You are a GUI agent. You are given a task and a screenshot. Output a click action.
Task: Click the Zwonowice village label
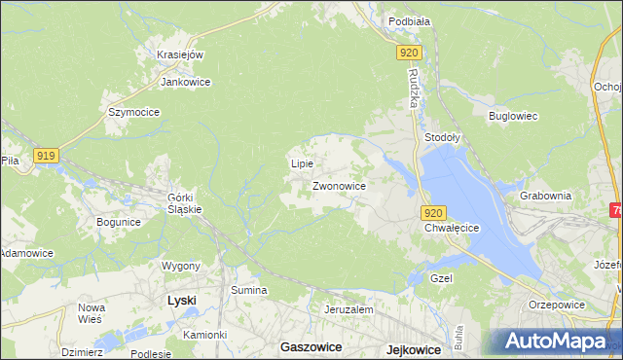tap(339, 185)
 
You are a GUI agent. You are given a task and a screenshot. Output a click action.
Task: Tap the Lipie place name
tap(302, 163)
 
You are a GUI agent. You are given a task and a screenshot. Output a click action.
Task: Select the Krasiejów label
tap(179, 54)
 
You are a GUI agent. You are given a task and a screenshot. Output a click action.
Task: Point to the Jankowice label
tap(186, 82)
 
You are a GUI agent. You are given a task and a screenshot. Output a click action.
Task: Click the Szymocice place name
tap(133, 112)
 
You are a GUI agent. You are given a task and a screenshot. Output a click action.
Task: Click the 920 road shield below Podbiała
tap(409, 54)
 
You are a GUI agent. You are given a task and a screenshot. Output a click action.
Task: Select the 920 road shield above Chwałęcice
tap(434, 213)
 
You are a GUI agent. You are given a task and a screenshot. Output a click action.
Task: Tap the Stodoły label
tap(443, 138)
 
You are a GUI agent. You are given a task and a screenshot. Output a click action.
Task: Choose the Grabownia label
tap(545, 195)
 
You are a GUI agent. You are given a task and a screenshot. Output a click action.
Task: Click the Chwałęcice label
tap(453, 228)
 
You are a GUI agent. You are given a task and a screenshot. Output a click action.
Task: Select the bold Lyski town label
tap(182, 301)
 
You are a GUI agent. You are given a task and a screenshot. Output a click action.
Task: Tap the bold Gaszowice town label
tap(308, 346)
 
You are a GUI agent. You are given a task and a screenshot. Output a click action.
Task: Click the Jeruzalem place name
tap(348, 309)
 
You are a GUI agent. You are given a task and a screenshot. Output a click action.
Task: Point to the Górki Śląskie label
tap(185, 201)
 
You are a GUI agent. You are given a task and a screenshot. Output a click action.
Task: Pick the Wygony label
tap(181, 266)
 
